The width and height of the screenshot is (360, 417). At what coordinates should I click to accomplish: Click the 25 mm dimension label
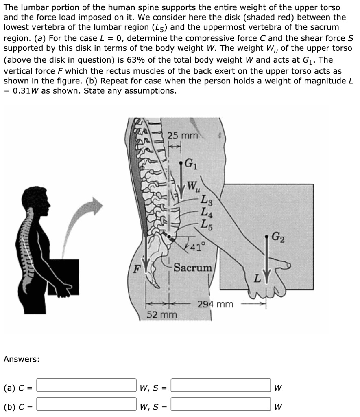point(183,136)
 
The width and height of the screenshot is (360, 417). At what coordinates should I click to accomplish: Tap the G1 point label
point(190,165)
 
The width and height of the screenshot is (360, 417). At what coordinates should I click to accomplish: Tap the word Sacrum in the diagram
point(193,268)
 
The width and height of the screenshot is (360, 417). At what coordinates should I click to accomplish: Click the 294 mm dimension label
point(215,304)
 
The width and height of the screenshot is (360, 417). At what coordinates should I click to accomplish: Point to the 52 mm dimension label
point(161,315)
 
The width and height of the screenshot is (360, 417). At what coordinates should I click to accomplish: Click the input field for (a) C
point(87,385)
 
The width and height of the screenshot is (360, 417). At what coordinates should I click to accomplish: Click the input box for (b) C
point(87,406)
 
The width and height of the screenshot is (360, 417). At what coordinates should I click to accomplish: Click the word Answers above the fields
point(22,359)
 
